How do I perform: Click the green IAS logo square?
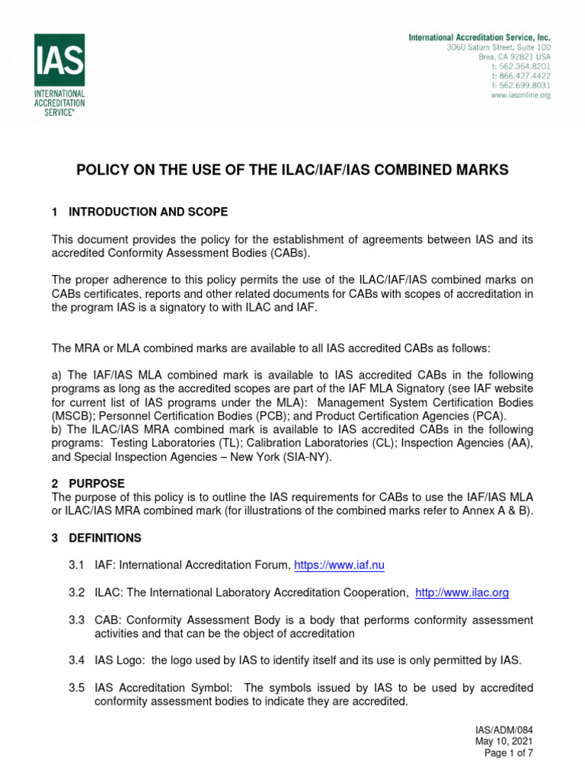pos(59,59)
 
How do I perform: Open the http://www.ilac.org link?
pos(462,592)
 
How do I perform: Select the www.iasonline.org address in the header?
pos(521,95)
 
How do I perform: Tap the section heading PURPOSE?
pos(97,484)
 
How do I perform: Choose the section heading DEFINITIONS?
pos(105,538)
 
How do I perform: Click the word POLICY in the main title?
pos(104,170)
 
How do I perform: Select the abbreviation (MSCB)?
pos(72,416)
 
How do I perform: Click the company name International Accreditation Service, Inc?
pos(479,37)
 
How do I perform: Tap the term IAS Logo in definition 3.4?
pos(119,660)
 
